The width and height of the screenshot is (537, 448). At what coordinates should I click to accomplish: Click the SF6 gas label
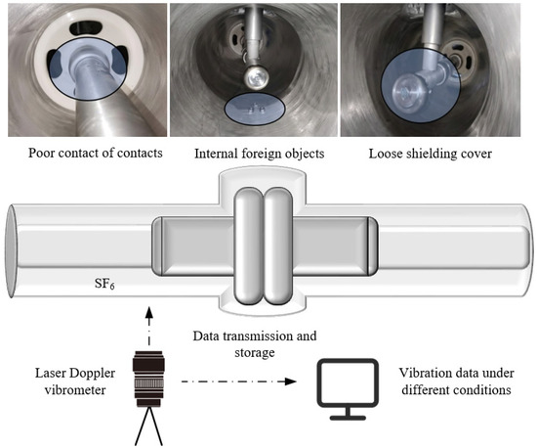104,284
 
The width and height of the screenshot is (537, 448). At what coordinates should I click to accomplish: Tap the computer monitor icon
348,389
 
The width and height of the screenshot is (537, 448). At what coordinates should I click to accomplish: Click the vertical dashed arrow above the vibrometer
148,327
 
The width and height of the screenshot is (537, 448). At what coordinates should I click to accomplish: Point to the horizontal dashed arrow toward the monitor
238,381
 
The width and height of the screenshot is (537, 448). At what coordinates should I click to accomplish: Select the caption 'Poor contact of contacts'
96,153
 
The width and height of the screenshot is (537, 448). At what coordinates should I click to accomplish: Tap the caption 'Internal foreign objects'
260,154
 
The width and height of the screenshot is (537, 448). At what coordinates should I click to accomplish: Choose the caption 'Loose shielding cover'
431,154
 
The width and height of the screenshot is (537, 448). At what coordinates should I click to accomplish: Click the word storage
255,353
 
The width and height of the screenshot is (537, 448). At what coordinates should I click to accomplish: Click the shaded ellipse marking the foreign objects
255,109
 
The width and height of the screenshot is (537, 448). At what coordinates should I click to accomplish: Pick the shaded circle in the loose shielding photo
421,86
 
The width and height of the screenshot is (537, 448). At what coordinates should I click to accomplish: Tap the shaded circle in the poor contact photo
88,68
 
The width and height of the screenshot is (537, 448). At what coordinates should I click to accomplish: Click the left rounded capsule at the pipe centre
249,246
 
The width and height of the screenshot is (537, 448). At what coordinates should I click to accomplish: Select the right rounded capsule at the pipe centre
279,246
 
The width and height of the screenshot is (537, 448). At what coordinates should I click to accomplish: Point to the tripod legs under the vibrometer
148,426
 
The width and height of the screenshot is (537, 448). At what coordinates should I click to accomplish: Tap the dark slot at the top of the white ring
84,28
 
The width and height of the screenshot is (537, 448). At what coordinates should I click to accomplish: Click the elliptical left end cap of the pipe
11,251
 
